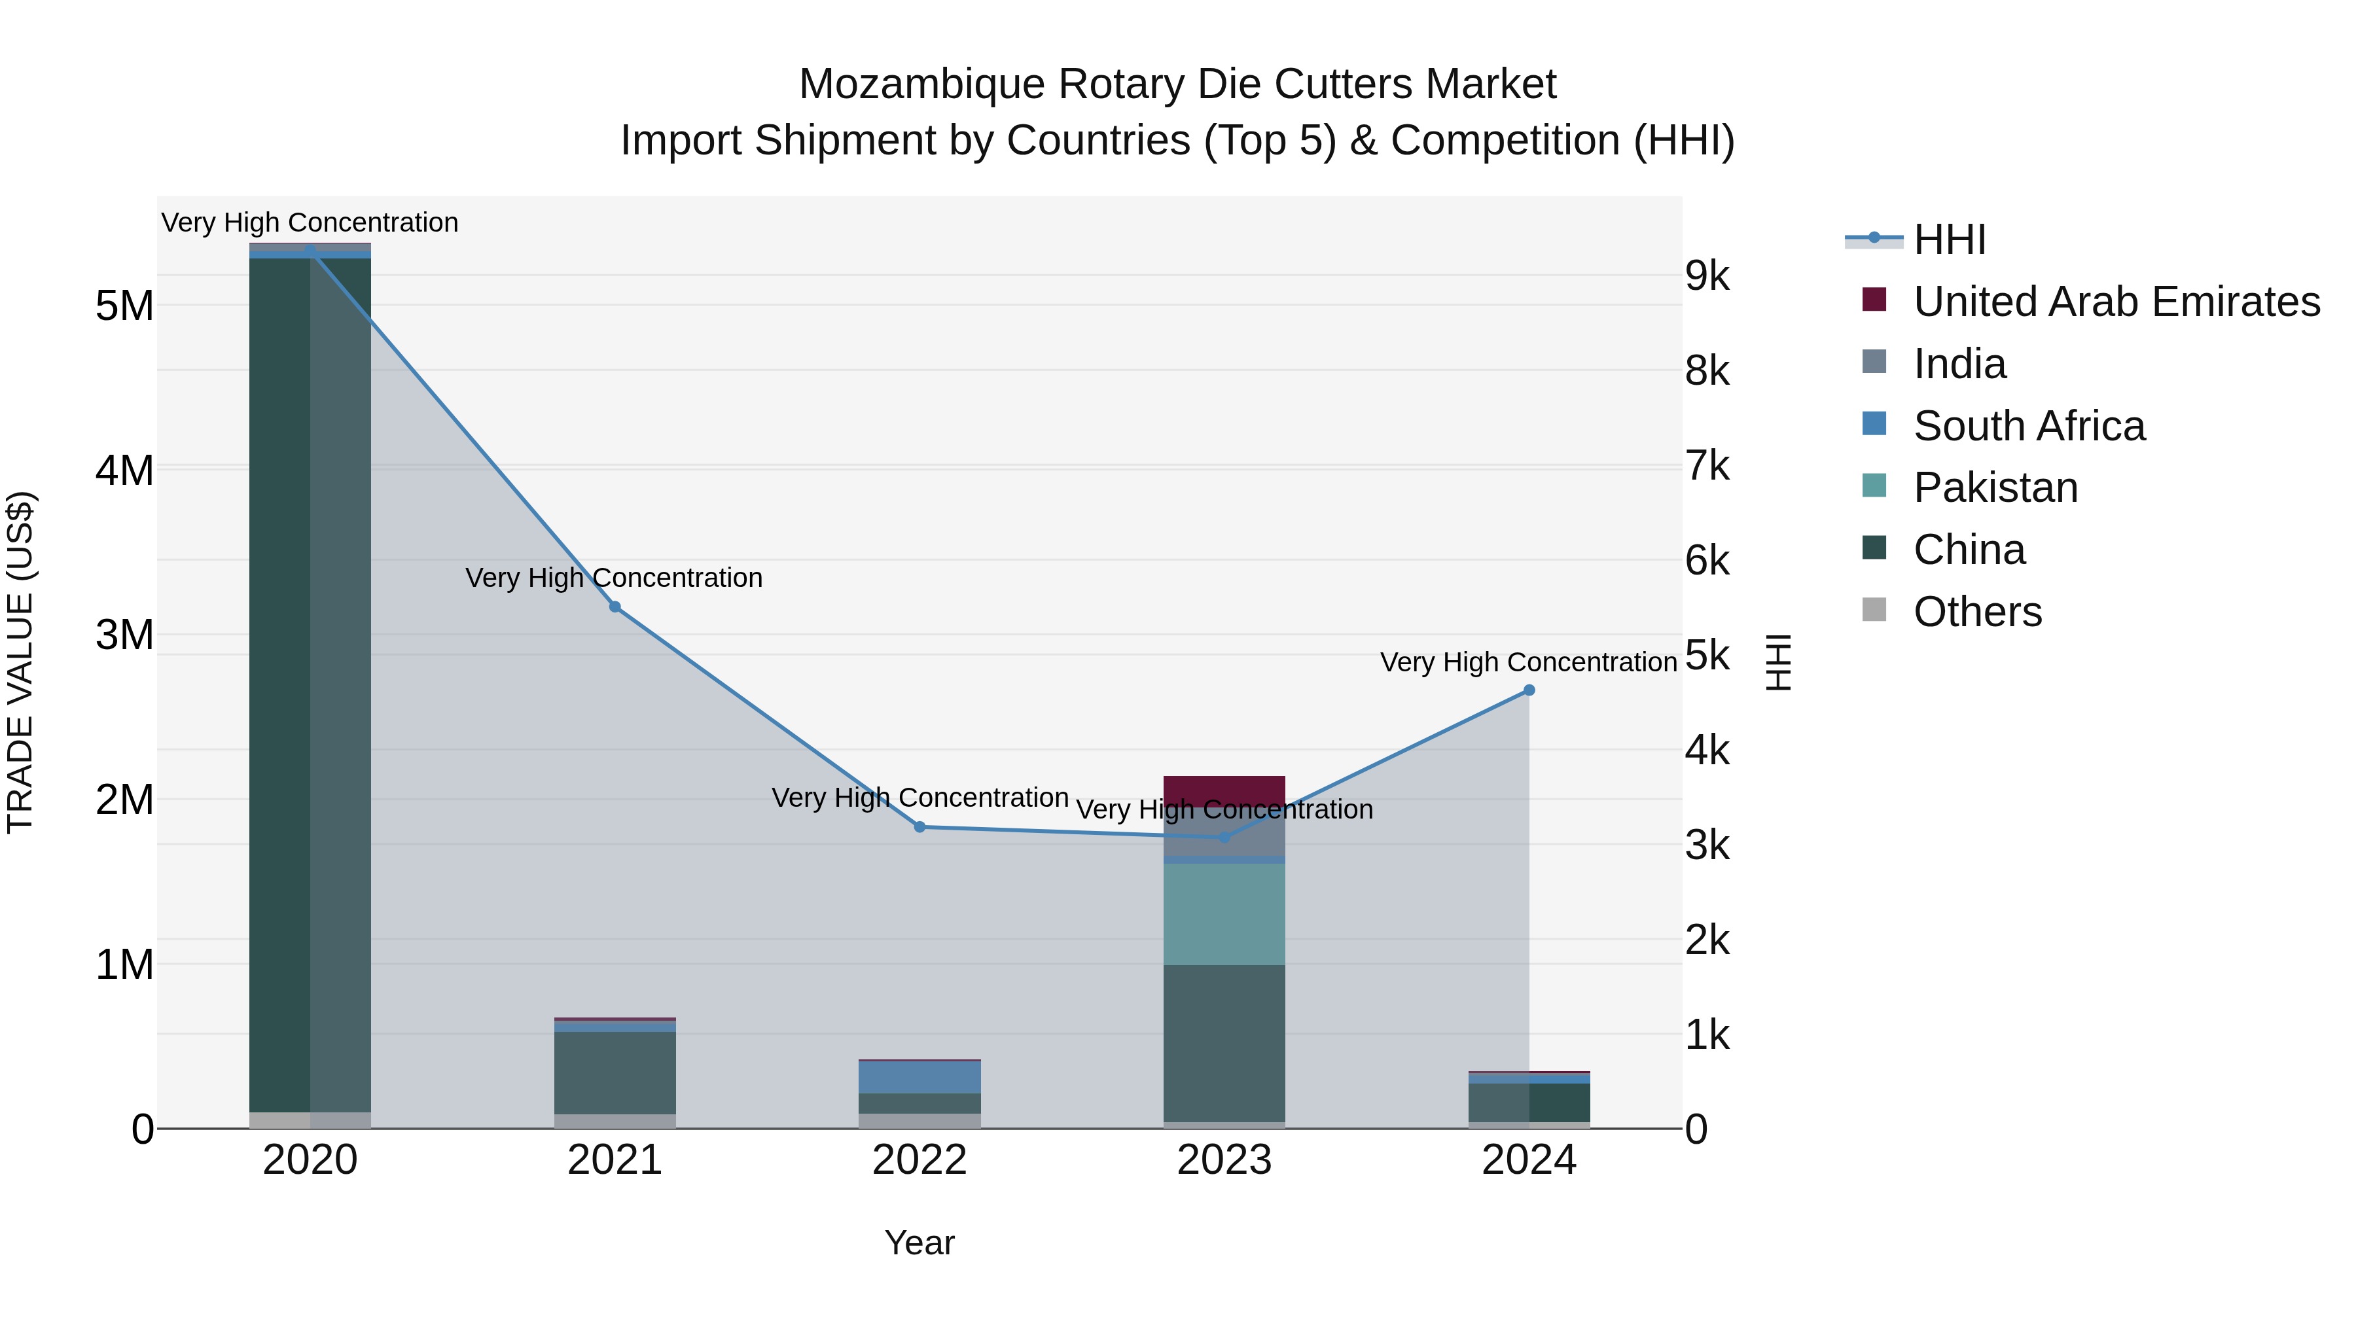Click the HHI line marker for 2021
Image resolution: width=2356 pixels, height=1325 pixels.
point(615,607)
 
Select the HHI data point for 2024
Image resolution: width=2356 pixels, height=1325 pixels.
point(1528,690)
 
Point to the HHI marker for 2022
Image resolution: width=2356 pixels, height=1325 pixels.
point(920,826)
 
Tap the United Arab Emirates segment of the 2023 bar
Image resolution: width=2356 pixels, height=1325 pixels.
point(1224,790)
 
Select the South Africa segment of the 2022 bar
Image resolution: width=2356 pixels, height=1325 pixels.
point(919,1077)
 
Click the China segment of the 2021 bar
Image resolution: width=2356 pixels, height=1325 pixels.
point(615,1072)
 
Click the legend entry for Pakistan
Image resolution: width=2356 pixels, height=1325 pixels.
point(1995,487)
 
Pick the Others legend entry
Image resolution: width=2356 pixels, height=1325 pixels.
point(1976,612)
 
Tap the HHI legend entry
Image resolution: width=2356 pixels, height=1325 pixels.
point(1949,239)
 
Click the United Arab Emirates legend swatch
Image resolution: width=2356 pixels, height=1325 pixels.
point(1874,300)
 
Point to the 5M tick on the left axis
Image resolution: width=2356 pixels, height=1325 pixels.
point(124,306)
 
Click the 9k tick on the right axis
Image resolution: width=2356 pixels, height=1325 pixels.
point(1707,275)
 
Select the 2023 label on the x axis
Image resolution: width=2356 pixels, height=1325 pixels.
point(1224,1160)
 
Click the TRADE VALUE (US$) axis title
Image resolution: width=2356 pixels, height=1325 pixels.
point(20,662)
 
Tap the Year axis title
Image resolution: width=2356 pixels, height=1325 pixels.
point(919,1243)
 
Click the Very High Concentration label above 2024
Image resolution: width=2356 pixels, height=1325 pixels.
point(1527,662)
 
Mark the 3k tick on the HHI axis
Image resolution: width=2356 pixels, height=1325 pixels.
point(1707,846)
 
